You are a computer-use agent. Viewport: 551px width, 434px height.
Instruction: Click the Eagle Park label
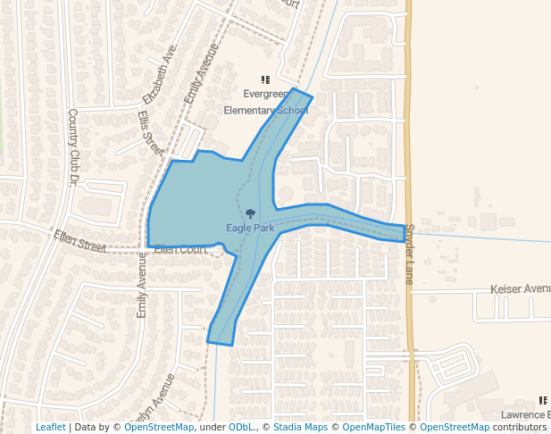click(250, 228)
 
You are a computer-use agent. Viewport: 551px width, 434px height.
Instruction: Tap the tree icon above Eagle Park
click(251, 213)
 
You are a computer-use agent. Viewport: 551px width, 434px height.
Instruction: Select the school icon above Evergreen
click(265, 79)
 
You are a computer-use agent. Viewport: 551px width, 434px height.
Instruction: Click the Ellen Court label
click(180, 249)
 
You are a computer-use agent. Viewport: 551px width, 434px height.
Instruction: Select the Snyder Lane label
click(410, 255)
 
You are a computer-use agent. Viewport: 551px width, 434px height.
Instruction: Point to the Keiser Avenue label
click(521, 289)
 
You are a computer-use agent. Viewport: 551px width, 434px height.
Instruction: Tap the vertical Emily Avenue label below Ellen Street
click(141, 287)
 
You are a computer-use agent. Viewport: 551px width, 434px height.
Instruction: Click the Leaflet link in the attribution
click(50, 427)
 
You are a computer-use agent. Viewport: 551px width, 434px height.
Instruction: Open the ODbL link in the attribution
click(241, 427)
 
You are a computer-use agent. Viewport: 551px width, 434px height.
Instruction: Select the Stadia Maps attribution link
click(300, 427)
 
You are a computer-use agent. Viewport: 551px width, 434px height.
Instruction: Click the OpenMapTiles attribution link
click(374, 427)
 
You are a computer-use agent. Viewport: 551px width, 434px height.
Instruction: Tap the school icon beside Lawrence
click(542, 401)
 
